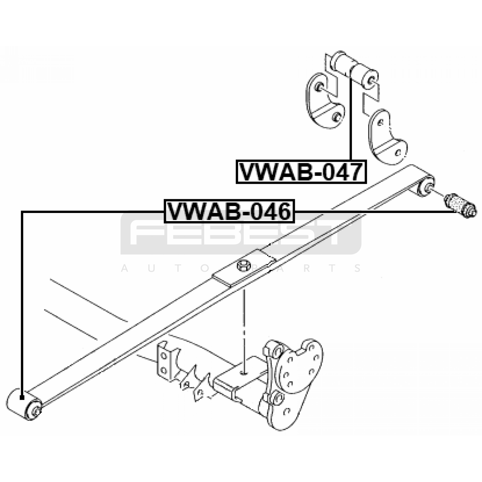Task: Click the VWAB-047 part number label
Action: (301, 172)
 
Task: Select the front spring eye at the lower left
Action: (24, 404)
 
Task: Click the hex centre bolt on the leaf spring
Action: (244, 266)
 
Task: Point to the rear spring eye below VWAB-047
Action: (426, 187)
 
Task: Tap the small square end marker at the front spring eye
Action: (22, 398)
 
